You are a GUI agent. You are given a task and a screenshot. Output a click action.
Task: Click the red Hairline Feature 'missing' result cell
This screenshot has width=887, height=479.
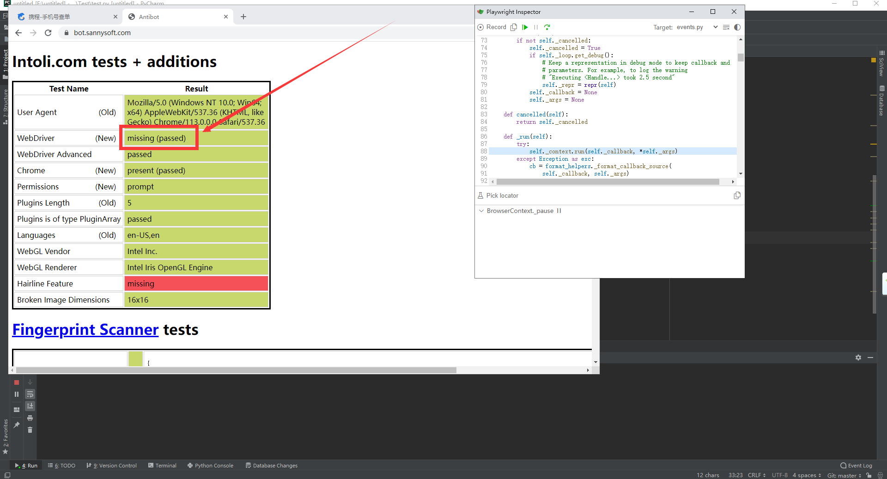click(x=196, y=284)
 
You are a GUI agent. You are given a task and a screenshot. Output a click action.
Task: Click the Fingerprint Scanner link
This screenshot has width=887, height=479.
click(x=85, y=330)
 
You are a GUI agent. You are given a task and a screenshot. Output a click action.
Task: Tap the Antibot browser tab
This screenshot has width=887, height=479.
click(x=149, y=17)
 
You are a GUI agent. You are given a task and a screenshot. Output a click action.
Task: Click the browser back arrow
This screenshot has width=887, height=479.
click(x=18, y=33)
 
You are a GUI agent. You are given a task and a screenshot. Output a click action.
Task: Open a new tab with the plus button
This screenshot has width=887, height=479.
click(x=243, y=17)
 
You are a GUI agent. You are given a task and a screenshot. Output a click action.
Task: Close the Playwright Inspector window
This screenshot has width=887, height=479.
click(x=734, y=12)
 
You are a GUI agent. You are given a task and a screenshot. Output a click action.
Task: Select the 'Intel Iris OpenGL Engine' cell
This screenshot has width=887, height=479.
click(x=196, y=267)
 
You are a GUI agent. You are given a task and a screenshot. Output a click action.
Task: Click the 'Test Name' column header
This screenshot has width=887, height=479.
click(x=69, y=89)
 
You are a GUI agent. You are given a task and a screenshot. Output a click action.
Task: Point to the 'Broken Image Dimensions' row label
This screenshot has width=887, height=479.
click(x=63, y=300)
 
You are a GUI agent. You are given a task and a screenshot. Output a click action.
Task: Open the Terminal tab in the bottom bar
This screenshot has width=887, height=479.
click(x=162, y=466)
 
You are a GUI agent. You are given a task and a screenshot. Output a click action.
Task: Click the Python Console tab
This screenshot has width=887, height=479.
click(x=210, y=466)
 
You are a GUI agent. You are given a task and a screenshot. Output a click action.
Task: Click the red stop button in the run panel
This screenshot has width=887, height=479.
click(x=17, y=382)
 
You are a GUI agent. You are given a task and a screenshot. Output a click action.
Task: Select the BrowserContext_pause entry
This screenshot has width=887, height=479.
click(x=520, y=211)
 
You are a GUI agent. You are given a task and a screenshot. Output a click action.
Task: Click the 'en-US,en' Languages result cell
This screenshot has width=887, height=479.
click(x=196, y=235)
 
